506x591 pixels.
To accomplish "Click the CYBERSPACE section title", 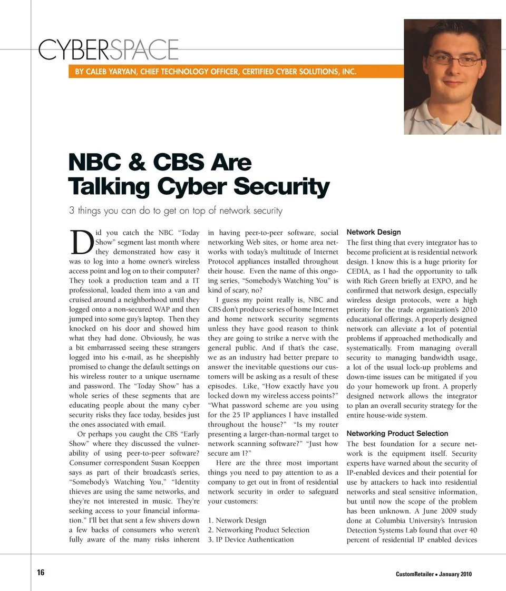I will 108,50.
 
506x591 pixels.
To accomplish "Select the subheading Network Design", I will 373,232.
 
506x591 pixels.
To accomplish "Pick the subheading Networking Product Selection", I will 397,434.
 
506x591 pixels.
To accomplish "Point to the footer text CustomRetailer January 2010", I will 433,574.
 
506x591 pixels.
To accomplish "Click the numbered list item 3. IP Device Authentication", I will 251,539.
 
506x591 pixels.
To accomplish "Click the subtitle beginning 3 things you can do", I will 176,211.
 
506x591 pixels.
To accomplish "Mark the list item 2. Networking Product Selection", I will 258,530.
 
